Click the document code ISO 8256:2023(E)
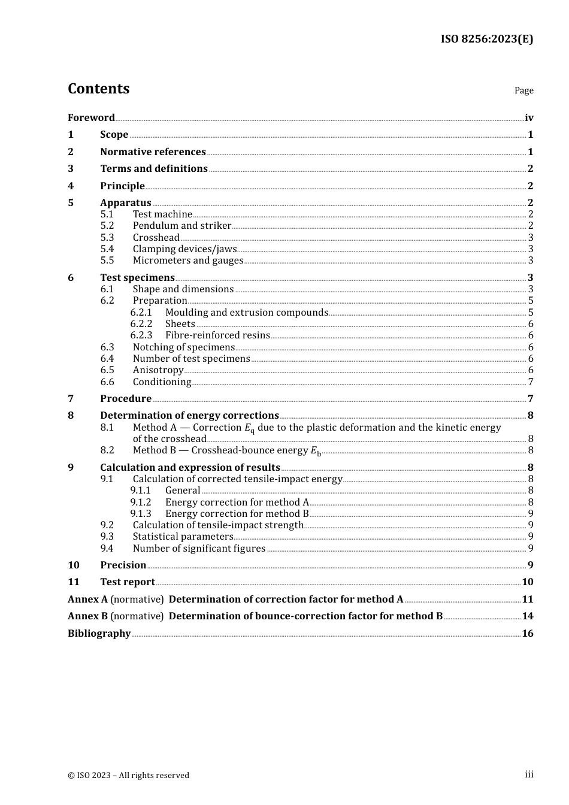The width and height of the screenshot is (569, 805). (x=486, y=40)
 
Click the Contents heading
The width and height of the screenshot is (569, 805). (x=98, y=89)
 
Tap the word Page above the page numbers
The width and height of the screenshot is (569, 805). (x=523, y=90)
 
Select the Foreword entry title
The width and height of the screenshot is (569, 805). (x=91, y=117)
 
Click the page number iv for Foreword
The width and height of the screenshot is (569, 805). (x=529, y=117)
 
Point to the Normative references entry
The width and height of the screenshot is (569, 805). (x=153, y=152)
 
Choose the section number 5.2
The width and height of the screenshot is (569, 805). (x=107, y=226)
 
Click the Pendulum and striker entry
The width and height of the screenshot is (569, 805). (x=181, y=226)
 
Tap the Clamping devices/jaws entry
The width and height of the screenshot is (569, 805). (x=184, y=249)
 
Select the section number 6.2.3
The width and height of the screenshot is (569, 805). (x=141, y=335)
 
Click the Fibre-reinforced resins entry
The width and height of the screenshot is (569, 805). (x=217, y=335)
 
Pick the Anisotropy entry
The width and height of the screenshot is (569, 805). (x=158, y=370)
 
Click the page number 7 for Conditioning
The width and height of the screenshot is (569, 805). (x=531, y=382)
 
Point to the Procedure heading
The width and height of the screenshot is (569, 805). (x=126, y=399)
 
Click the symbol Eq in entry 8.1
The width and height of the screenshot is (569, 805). (x=249, y=428)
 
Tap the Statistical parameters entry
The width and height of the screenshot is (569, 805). (x=183, y=537)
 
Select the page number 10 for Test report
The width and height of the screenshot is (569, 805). (x=527, y=582)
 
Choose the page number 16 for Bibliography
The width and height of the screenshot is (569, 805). (x=527, y=634)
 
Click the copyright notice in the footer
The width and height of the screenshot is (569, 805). (x=128, y=776)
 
